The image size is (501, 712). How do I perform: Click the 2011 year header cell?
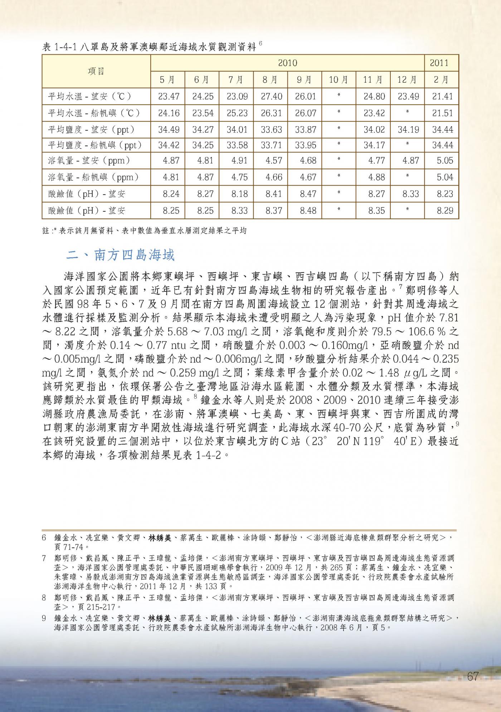[442, 63]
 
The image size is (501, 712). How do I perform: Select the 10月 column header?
[338, 80]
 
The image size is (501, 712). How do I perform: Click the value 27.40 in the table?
[271, 97]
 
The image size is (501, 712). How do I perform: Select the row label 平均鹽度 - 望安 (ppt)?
[91, 129]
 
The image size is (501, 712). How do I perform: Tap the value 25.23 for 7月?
[237, 113]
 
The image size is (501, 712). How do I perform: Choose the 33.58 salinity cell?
[237, 145]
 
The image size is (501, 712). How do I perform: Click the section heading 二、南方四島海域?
[121, 255]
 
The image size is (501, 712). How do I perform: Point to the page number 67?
[473, 677]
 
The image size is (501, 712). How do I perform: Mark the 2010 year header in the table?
[287, 63]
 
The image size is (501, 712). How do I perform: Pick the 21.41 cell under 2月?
[442, 97]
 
